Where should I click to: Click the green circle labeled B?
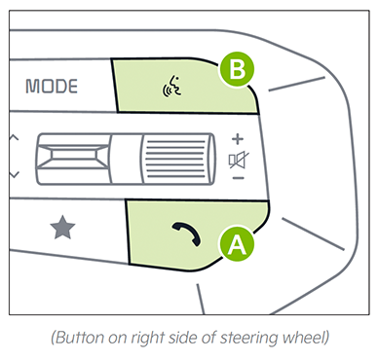237,69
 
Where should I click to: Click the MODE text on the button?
52,87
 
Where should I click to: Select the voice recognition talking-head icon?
171,87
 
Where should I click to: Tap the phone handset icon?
187,234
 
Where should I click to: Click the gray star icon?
62,228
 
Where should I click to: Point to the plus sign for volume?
238,139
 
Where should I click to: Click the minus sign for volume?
239,178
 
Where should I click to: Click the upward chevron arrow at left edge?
14,137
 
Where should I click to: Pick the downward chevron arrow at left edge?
14,175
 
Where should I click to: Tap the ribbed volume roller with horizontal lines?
177,159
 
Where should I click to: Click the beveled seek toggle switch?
72,159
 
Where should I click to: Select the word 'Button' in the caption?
80,338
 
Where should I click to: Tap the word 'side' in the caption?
180,338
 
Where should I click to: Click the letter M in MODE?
32,87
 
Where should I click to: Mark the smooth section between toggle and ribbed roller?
126,159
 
